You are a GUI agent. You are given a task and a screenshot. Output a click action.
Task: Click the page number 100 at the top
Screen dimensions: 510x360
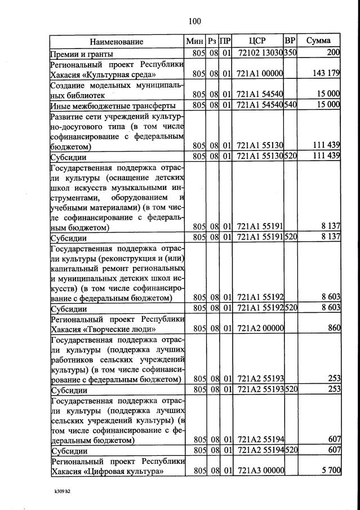click(194, 21)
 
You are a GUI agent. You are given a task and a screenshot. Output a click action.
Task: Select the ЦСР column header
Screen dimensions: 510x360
click(257, 41)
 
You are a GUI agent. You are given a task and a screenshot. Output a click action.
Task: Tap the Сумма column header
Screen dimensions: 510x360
click(318, 41)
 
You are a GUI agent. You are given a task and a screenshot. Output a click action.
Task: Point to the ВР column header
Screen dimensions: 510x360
click(290, 41)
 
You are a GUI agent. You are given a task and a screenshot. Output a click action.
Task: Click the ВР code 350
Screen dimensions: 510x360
click(290, 53)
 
